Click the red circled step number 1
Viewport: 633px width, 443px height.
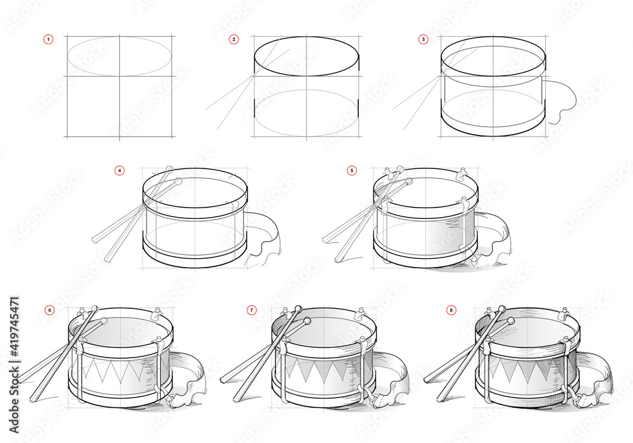tap(48, 39)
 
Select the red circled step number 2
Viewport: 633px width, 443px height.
tap(234, 39)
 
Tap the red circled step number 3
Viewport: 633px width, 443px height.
tap(423, 39)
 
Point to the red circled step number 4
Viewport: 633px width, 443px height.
tap(119, 170)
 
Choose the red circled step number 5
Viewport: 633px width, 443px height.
tap(352, 170)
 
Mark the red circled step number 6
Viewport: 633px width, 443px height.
tap(49, 310)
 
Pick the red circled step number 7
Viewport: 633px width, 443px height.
tap(252, 310)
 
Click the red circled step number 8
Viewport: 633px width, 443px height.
tap(451, 310)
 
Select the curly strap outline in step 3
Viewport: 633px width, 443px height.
tap(562, 101)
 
